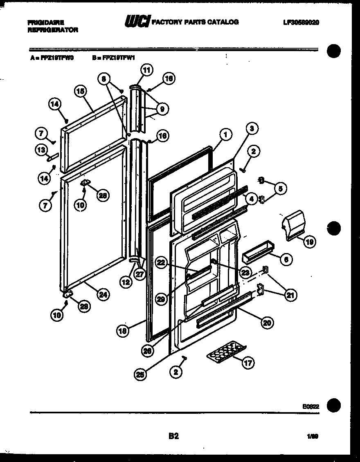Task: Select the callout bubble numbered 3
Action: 252,128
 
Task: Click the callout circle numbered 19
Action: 309,242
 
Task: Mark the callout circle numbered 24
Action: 103,294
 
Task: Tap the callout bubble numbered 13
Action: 41,150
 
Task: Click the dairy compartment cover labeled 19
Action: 294,225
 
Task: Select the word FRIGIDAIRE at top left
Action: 45,22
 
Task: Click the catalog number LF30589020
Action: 300,22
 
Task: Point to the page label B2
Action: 173,436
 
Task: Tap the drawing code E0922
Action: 310,406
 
